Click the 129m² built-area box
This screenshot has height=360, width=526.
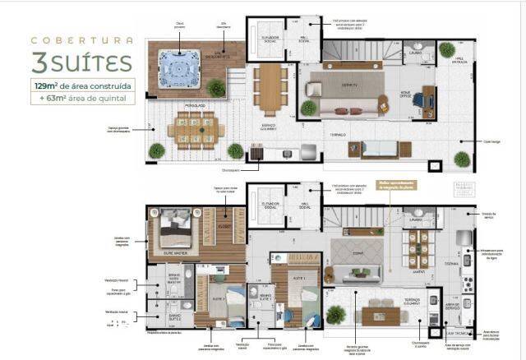pos(81,85)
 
